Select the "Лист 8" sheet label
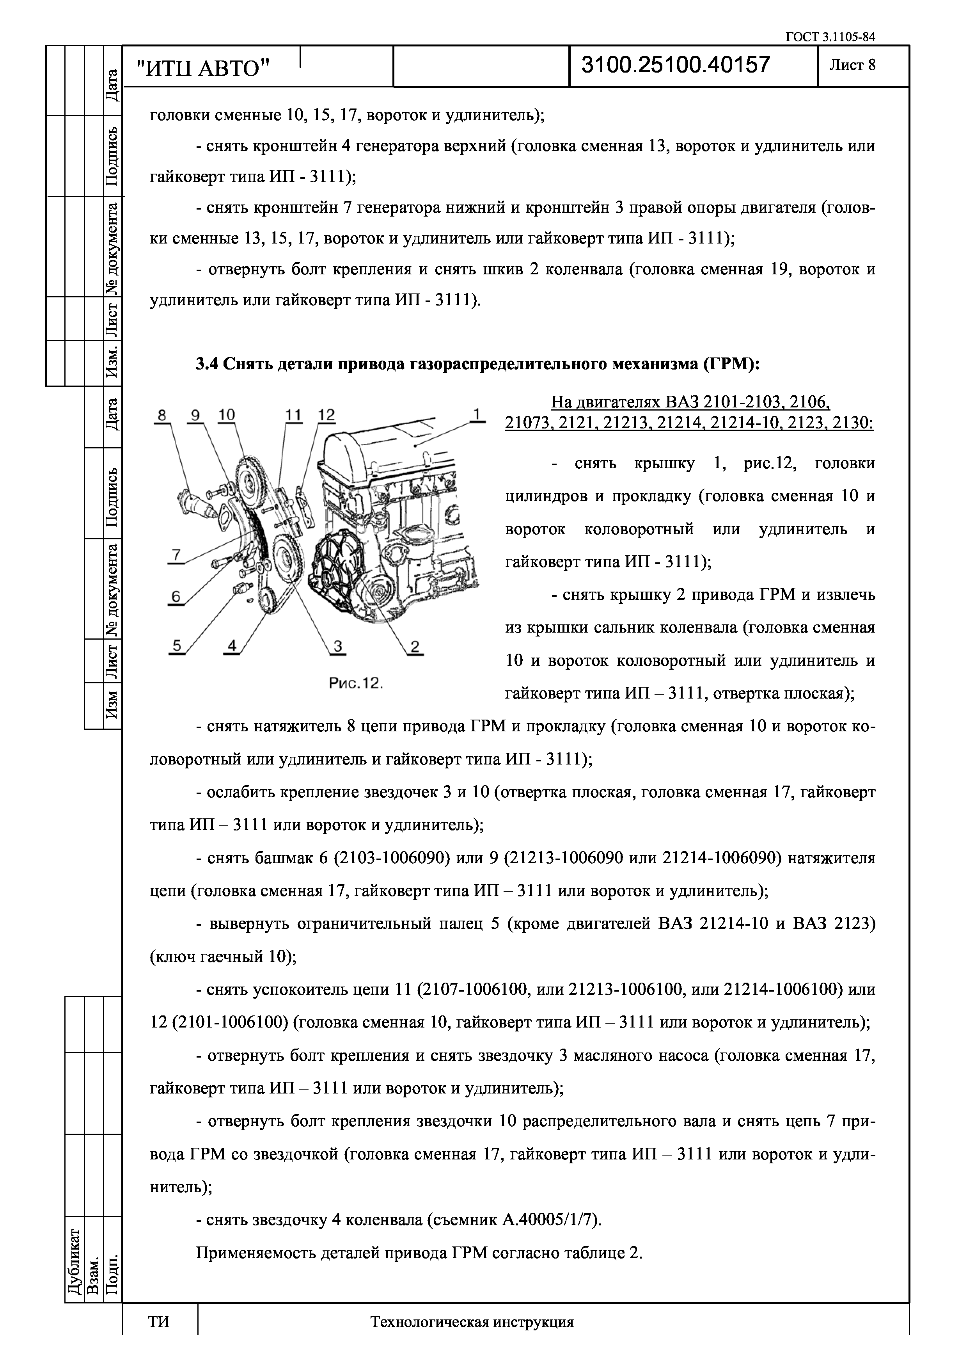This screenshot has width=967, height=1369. (853, 65)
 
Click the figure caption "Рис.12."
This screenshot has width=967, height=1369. (356, 683)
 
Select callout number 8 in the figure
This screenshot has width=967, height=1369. (161, 415)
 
